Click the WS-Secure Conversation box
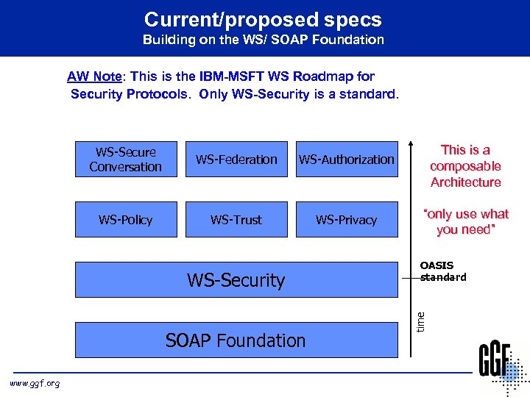126,160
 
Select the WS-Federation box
236,160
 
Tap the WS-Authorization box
346,160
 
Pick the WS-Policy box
126,220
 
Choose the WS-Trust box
236,220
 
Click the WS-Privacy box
346,220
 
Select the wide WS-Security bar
236,280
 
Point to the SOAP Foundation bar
236,340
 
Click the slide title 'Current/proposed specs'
263,19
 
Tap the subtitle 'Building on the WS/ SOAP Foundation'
263,40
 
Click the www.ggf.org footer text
34,383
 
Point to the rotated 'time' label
421,320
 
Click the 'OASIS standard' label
442,271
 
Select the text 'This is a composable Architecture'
465,166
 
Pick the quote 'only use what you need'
465,221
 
